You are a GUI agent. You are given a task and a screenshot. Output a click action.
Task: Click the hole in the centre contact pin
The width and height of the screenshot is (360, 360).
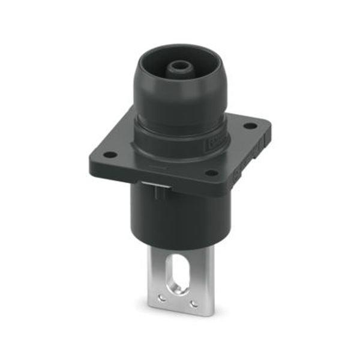[179, 64]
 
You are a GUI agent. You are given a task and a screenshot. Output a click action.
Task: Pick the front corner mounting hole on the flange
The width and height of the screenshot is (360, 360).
[211, 173]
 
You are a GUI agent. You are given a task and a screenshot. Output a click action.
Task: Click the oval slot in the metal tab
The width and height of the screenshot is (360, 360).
[180, 277]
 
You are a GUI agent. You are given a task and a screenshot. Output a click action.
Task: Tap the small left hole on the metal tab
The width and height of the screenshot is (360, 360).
[161, 298]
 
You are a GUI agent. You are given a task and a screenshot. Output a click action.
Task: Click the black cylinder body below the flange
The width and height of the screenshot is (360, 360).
[180, 216]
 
